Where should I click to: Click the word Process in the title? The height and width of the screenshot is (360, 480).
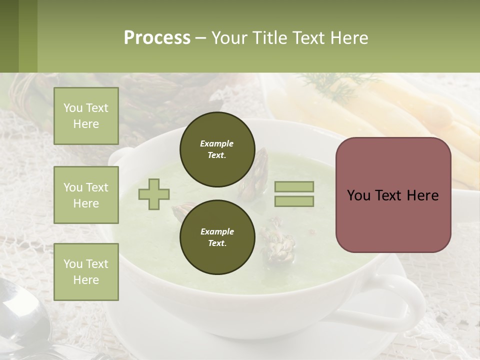pyautogui.click(x=157, y=38)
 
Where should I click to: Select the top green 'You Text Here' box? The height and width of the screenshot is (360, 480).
pyautogui.click(x=86, y=116)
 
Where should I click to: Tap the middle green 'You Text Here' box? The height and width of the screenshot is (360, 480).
pyautogui.click(x=86, y=195)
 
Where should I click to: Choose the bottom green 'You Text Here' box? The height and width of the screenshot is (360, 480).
pyautogui.click(x=86, y=272)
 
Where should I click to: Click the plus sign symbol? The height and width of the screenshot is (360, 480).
pyautogui.click(x=154, y=194)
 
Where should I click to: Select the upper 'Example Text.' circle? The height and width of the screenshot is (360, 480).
pyautogui.click(x=216, y=149)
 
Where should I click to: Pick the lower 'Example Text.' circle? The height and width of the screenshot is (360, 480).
pyautogui.click(x=216, y=237)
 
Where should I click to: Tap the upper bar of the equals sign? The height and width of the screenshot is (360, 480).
pyautogui.click(x=294, y=186)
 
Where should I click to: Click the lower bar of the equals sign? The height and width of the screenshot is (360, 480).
pyautogui.click(x=294, y=201)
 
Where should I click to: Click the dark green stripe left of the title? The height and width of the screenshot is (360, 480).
pyautogui.click(x=9, y=36)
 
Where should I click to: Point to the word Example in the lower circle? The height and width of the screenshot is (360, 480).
pyautogui.click(x=217, y=231)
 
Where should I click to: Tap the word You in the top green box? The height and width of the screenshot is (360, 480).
pyautogui.click(x=73, y=108)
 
